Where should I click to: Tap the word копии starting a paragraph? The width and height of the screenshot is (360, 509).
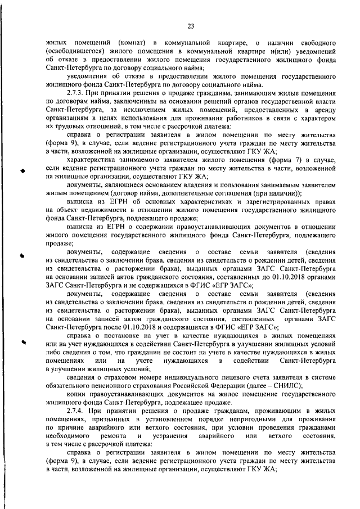click(76, 394)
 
